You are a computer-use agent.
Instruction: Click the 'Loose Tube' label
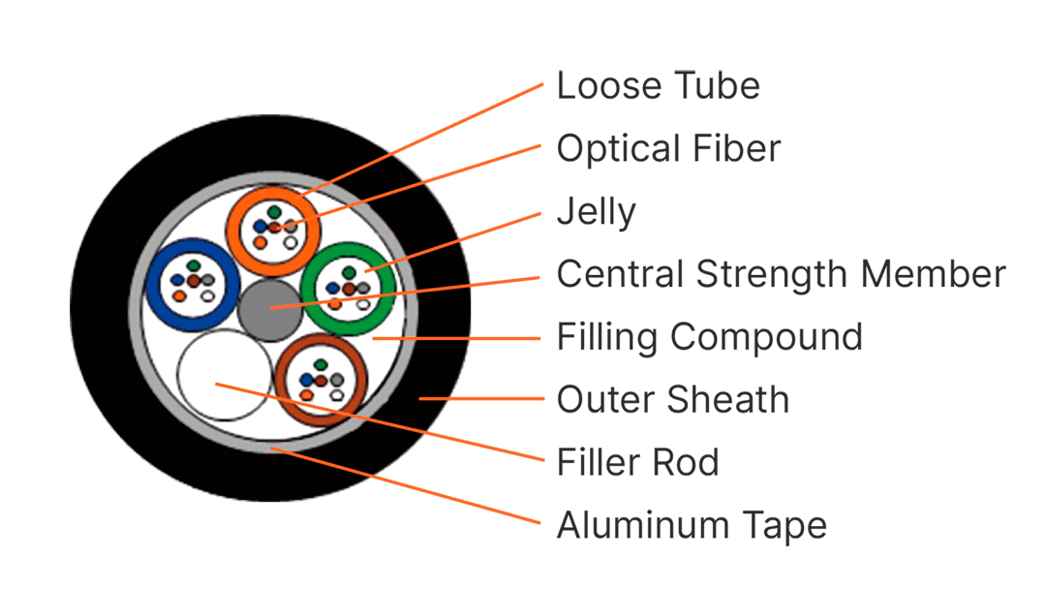[x=659, y=85]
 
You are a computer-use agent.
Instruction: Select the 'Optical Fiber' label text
[x=668, y=148]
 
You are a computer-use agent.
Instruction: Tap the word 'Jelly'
[x=597, y=212]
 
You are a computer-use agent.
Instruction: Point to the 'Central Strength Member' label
[x=782, y=274]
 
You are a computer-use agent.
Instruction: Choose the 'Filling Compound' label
[x=710, y=337]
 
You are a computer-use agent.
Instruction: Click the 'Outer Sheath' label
[x=673, y=399]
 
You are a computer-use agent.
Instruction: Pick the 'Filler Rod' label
[x=637, y=462]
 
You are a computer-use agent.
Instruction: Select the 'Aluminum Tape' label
[x=692, y=526]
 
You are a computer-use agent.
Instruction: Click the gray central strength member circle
[x=270, y=310]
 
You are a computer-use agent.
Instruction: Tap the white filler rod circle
[x=224, y=375]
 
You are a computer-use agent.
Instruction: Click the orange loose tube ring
[x=232, y=231]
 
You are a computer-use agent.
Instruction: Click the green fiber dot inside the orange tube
[x=274, y=212]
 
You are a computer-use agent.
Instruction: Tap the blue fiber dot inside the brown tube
[x=306, y=380]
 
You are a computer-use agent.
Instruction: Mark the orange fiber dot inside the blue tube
[x=179, y=295]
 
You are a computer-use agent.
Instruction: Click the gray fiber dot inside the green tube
[x=363, y=288]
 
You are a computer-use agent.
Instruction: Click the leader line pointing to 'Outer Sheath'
[x=481, y=398]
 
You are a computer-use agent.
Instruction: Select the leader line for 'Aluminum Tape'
[x=405, y=485]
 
